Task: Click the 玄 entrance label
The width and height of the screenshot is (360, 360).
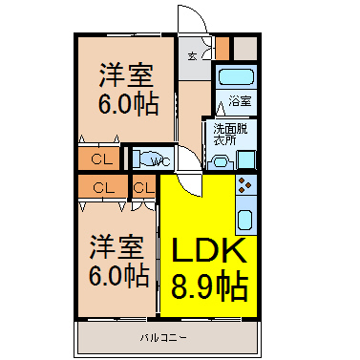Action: click(192, 57)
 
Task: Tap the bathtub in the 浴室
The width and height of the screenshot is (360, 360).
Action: click(236, 76)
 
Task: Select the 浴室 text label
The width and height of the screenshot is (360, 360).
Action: click(240, 101)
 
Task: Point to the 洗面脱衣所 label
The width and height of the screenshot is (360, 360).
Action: click(230, 134)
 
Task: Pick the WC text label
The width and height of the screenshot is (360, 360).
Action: click(161, 161)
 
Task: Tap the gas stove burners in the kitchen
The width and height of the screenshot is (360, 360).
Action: click(245, 185)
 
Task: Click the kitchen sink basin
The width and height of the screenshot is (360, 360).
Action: click(245, 220)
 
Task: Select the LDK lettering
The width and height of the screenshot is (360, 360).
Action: click(209, 251)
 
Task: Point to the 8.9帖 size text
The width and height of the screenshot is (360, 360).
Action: click(210, 286)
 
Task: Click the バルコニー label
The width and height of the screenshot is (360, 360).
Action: click(163, 338)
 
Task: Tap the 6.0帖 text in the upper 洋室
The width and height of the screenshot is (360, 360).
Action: click(128, 104)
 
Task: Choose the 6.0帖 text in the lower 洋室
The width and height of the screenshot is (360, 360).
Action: click(118, 275)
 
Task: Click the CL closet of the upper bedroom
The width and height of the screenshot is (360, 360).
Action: click(99, 159)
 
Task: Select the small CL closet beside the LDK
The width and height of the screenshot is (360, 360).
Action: click(144, 188)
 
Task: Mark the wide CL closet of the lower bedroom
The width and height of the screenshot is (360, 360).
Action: click(103, 188)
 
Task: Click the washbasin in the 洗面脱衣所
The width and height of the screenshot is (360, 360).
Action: click(222, 162)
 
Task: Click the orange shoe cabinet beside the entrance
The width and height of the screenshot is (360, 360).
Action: click(222, 49)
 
